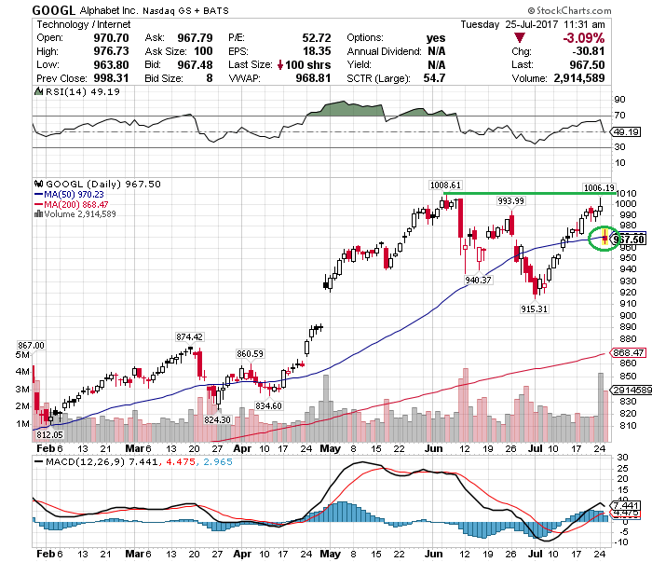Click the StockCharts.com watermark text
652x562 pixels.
tap(599, 10)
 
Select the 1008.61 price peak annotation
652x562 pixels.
tap(445, 185)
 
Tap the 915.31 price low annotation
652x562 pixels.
tap(535, 308)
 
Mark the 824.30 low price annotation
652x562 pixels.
tap(217, 419)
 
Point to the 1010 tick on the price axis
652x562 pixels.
tap(625, 193)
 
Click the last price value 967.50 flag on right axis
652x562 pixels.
tap(630, 240)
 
